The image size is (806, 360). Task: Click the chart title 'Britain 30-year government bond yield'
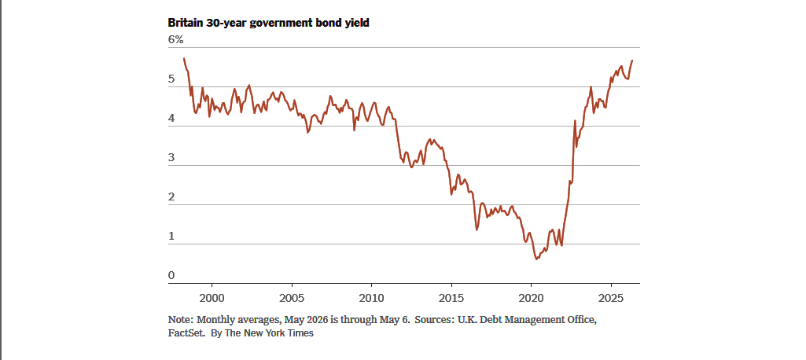[268, 23]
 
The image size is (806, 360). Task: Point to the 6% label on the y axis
[176, 40]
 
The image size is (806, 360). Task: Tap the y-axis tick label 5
[171, 79]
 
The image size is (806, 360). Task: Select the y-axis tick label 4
[171, 119]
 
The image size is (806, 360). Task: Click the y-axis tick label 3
[171, 158]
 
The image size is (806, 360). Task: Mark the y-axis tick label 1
[171, 237]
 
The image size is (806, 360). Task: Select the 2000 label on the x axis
[212, 298]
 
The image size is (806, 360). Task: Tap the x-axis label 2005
[292, 298]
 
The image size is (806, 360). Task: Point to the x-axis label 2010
[371, 298]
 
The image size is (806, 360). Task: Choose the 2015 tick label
[451, 298]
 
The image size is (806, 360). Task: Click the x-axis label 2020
[531, 298]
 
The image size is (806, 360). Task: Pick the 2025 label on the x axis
[611, 298]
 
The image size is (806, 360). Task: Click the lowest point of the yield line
[536, 259]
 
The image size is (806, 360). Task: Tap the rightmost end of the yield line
[632, 61]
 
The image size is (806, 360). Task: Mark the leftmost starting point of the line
[184, 58]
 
